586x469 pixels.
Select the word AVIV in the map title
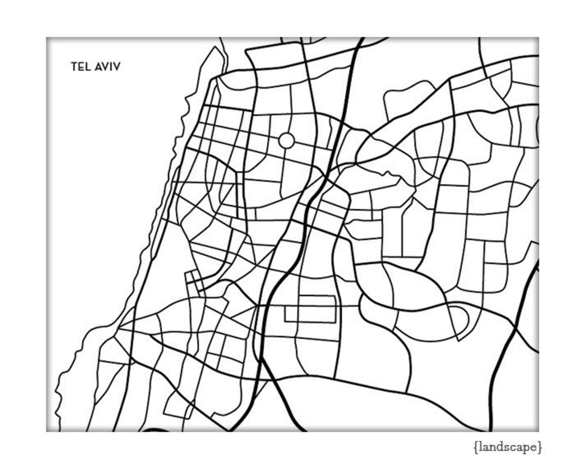107,67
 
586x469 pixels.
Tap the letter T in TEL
74,67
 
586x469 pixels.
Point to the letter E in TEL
81,67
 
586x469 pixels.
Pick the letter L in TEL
87,67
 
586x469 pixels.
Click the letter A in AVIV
98,67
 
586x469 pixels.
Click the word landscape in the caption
508,447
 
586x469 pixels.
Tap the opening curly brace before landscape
475,447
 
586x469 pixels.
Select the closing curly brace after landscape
540,447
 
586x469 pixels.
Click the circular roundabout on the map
286,141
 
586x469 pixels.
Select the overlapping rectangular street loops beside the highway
310,309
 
